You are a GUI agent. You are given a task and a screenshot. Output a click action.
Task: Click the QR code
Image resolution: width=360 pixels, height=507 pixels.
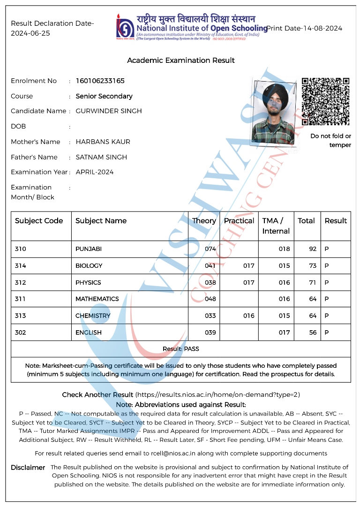pos(325,101)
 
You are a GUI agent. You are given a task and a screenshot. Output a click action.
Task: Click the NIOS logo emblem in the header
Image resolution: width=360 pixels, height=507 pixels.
pos(125,27)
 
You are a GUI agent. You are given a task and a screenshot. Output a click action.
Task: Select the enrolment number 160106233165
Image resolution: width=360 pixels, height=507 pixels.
pos(100,81)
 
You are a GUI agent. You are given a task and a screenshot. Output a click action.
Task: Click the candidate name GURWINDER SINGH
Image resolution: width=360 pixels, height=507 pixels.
pos(109,111)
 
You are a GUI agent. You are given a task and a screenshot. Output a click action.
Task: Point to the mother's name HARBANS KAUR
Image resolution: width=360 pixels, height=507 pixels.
pos(103,142)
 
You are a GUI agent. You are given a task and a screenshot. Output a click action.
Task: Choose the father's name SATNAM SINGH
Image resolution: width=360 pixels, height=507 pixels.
pos(101,157)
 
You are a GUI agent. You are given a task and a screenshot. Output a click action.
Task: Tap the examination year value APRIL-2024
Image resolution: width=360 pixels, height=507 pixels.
pos(95,172)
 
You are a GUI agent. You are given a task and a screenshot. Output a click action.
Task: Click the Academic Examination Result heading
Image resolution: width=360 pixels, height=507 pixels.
pos(181,61)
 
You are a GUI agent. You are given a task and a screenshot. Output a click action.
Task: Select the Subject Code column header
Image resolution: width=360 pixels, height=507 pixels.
pos(39,221)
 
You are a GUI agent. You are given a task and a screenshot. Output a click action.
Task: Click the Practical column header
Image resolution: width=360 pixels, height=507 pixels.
pos(239,221)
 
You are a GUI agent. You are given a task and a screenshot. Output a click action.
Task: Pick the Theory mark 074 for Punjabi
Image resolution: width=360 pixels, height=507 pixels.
pos(210,249)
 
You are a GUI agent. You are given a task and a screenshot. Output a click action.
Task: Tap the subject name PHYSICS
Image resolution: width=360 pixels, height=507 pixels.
pos(88,283)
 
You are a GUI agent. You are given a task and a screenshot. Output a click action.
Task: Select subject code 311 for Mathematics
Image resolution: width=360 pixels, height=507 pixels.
pos(20,299)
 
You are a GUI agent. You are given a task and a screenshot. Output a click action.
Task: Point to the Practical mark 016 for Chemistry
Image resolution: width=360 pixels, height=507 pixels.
pos(248,316)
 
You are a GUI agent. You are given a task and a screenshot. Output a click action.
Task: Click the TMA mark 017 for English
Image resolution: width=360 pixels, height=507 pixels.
pos(284,333)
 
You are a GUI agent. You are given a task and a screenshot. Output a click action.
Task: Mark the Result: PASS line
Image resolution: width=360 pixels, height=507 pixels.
pos(181,349)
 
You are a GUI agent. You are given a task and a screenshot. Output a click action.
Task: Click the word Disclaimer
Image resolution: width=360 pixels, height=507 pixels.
pos(28,468)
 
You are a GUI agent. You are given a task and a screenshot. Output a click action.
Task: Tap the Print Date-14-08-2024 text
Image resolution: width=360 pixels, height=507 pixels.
pos(304,28)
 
